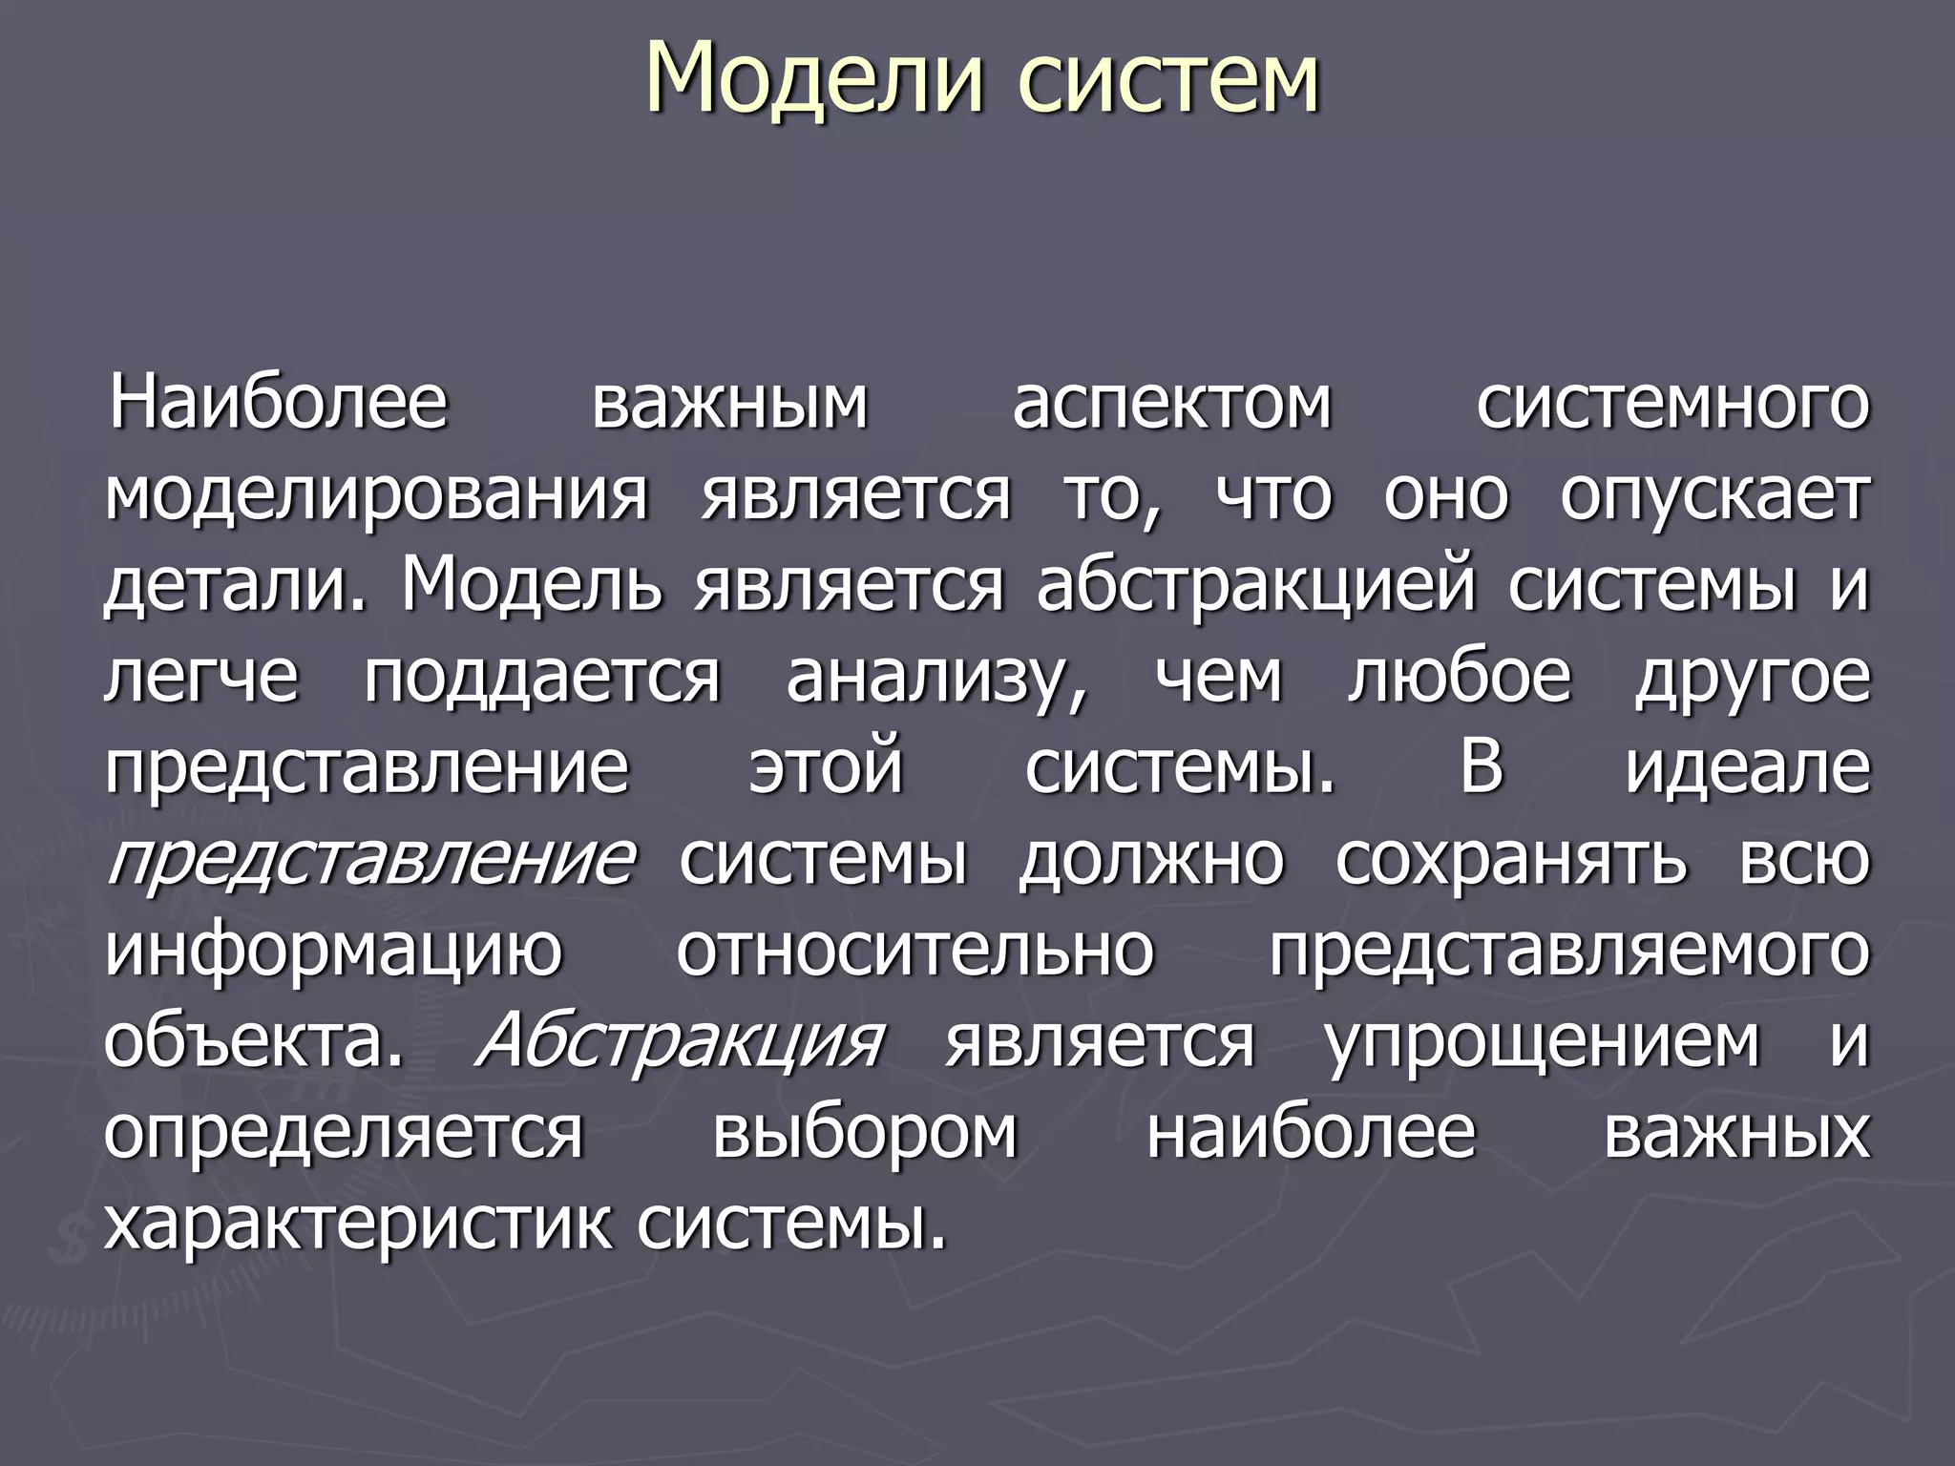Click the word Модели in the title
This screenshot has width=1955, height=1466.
pos(813,78)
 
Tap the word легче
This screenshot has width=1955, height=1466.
pos(201,678)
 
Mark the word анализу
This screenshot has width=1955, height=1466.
pos(936,678)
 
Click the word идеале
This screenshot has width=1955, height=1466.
pos(1747,768)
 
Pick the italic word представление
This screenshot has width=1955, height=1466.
pos(370,860)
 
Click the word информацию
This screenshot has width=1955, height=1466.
pos(334,952)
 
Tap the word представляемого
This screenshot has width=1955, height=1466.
pos(1568,952)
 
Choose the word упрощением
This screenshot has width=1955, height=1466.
pos(1542,1042)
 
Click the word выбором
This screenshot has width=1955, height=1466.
pos(865,1133)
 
